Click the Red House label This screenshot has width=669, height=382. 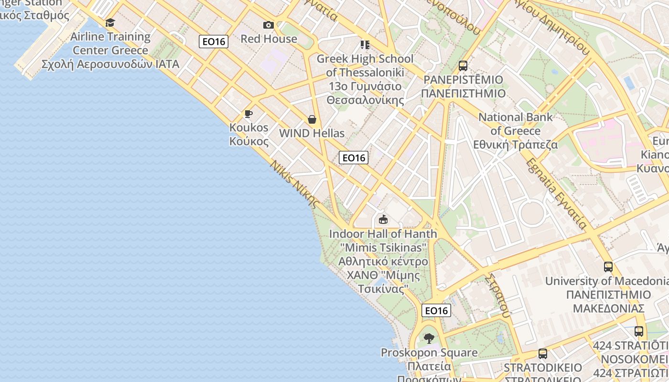269,39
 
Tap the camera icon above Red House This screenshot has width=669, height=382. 269,25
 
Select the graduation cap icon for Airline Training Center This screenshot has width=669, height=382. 110,22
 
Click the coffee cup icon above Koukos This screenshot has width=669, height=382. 248,114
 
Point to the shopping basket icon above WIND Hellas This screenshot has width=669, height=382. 312,119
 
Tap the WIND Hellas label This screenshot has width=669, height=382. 312,133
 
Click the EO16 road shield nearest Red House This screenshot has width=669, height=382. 214,42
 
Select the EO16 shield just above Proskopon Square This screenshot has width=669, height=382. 436,311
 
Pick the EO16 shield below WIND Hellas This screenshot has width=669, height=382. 354,158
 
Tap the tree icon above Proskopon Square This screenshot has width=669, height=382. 429,339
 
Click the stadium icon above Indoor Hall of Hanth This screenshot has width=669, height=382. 383,220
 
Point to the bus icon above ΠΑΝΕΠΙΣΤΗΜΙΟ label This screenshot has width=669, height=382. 463,66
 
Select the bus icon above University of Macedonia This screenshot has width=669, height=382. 608,267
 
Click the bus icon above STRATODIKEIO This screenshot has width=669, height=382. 543,354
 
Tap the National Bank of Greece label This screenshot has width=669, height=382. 515,131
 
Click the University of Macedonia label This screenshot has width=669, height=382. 607,281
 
